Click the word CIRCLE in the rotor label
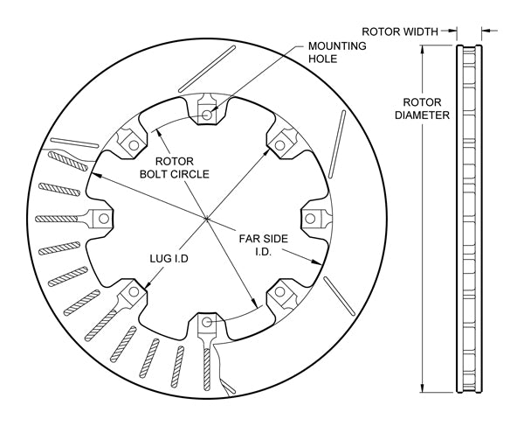tap(198, 173)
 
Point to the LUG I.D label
tap(169, 259)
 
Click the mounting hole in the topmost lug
tap(207, 114)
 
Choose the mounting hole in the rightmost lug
tap(312, 218)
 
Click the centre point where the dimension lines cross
tap(207, 218)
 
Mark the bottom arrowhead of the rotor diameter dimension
tap(424, 390)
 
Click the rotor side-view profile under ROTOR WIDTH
tap(471, 219)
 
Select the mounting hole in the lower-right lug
tap(281, 292)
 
